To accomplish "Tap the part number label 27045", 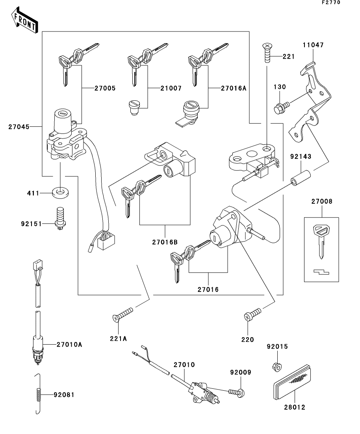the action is [19, 127].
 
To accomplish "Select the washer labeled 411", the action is [61, 192].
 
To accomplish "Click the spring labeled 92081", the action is [39, 394].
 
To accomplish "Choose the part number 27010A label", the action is [69, 344].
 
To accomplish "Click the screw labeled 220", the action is [252, 315].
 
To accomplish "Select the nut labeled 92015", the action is [277, 366].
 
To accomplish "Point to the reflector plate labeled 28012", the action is [292, 382].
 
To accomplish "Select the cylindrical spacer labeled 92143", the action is [300, 178].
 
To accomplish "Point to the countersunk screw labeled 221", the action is [267, 53].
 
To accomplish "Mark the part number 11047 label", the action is [313, 45].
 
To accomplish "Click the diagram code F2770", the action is [331, 2].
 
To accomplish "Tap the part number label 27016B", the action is [165, 242].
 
